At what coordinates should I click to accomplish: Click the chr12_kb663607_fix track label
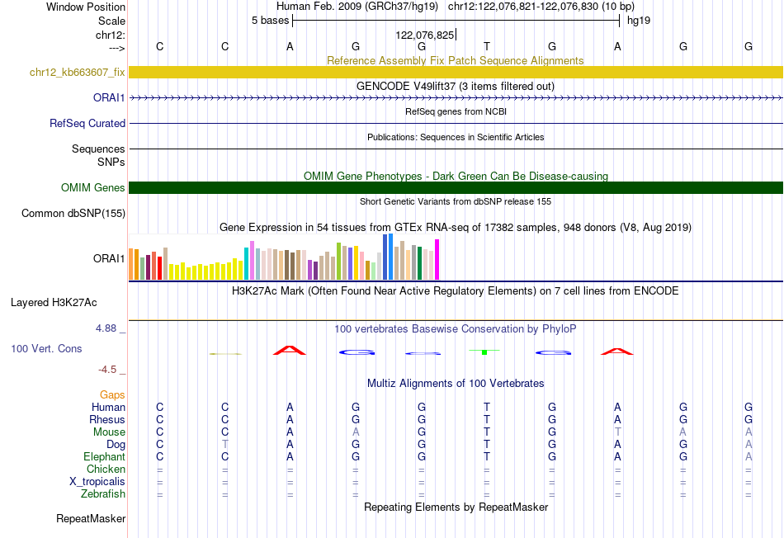tap(77, 72)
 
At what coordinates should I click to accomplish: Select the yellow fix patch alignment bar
tap(456, 72)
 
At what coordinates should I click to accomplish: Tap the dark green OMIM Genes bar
tap(456, 187)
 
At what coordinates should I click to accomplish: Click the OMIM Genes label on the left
tap(92, 187)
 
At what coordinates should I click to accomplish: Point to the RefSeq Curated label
tap(87, 123)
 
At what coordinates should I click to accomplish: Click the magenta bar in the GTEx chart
tap(437, 259)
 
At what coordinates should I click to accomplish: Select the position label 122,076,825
tap(424, 35)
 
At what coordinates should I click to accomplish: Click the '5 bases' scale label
tap(270, 21)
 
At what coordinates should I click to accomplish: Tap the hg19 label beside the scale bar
tap(639, 21)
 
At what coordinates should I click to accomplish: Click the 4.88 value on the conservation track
tap(106, 328)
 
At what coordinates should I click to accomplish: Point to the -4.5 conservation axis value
tap(107, 370)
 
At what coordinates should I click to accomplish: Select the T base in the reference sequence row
tap(487, 46)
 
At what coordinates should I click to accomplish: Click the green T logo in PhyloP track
tap(484, 352)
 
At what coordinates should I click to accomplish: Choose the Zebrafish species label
tap(103, 494)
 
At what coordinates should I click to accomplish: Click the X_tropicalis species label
tap(97, 482)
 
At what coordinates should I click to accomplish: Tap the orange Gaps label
tap(112, 395)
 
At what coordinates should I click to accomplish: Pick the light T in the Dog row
tap(225, 444)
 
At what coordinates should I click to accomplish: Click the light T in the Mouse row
tap(618, 432)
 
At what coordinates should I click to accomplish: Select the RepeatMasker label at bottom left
tap(91, 518)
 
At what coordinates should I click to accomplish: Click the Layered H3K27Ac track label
tap(54, 303)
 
